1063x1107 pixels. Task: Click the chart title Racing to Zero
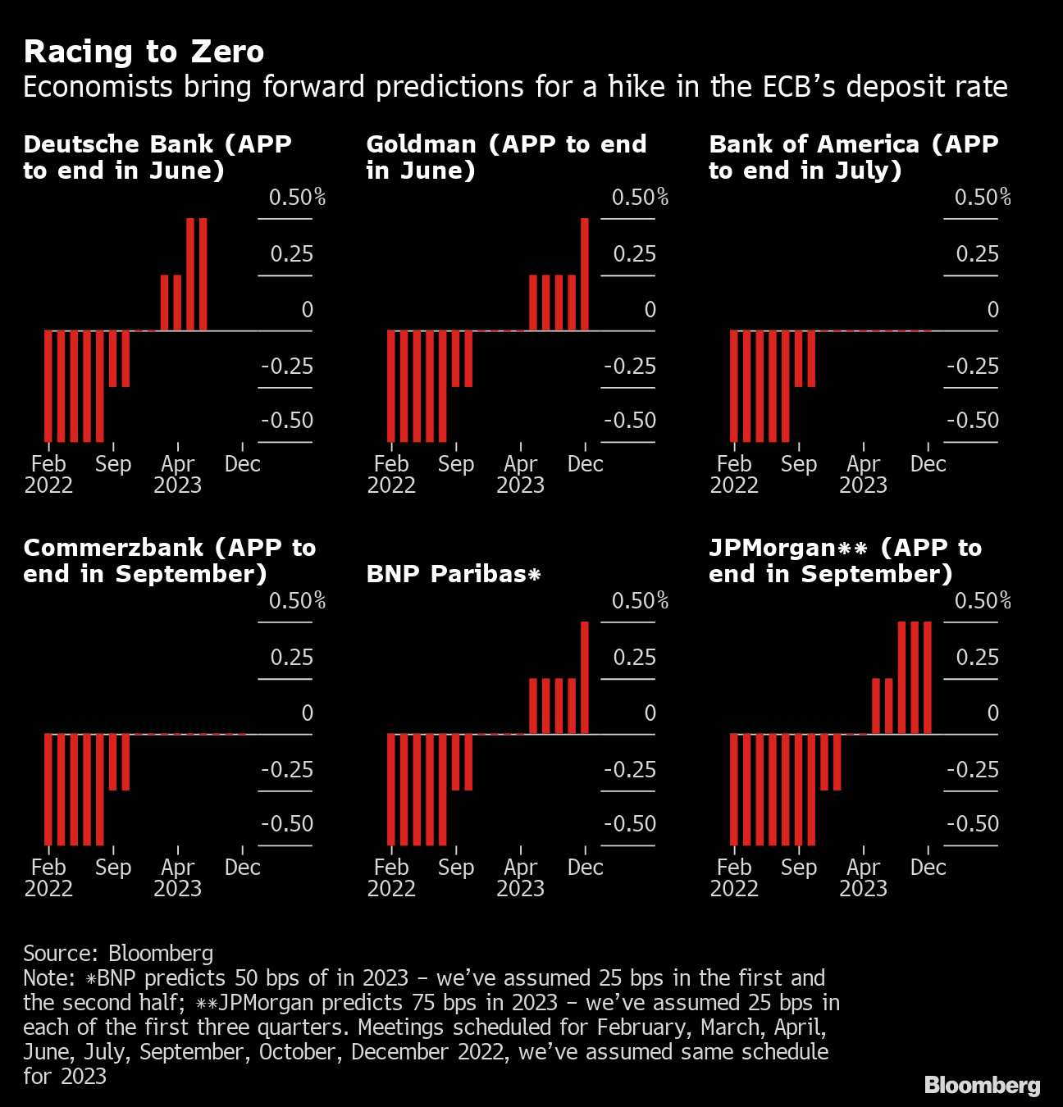pyautogui.click(x=144, y=52)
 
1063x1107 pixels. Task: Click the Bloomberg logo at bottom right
pyautogui.click(x=982, y=1085)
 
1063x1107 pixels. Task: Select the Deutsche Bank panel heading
pyautogui.click(x=157, y=157)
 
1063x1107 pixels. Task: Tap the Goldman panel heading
pyautogui.click(x=506, y=157)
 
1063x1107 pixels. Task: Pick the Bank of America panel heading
pyautogui.click(x=853, y=157)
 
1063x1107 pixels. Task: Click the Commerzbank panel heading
pyautogui.click(x=169, y=561)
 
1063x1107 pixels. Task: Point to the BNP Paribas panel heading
pyautogui.click(x=453, y=574)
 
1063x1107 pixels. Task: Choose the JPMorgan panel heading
pyautogui.click(x=845, y=561)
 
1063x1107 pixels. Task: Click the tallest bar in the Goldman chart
pyautogui.click(x=585, y=275)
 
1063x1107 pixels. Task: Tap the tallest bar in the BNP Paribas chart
pyautogui.click(x=585, y=678)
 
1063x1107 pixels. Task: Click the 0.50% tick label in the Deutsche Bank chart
pyautogui.click(x=297, y=198)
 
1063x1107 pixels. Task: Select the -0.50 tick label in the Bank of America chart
pyautogui.click(x=973, y=421)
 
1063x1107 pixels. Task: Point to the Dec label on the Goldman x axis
pyautogui.click(x=585, y=464)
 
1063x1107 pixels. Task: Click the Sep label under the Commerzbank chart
pyautogui.click(x=113, y=868)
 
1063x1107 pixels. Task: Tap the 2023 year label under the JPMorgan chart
pyautogui.click(x=863, y=889)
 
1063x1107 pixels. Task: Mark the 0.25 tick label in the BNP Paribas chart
pyautogui.click(x=634, y=658)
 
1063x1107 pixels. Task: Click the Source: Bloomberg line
pyautogui.click(x=118, y=953)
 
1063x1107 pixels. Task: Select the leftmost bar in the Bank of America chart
pyautogui.click(x=734, y=386)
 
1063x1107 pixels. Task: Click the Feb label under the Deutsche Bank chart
pyautogui.click(x=48, y=464)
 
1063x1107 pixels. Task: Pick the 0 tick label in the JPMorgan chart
pyautogui.click(x=992, y=713)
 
